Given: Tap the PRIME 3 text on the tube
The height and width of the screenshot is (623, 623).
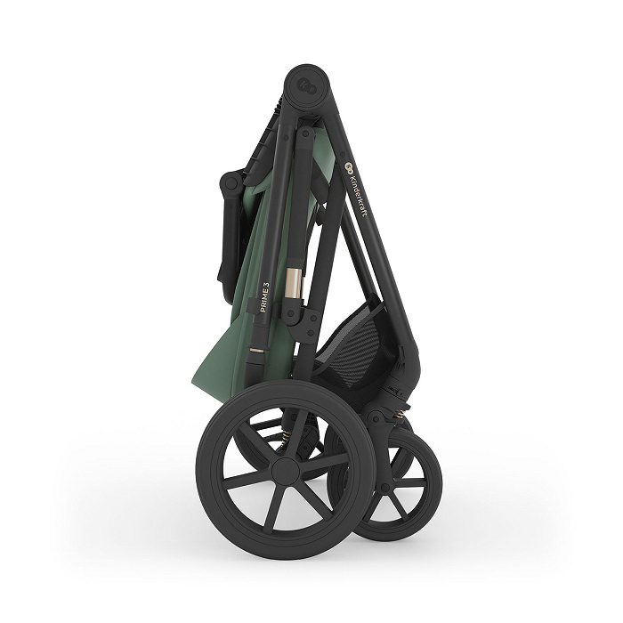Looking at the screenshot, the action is pyautogui.click(x=265, y=297).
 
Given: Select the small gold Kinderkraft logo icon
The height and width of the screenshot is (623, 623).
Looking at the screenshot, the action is pyautogui.click(x=349, y=166).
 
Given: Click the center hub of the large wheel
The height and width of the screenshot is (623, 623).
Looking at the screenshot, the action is pyautogui.click(x=286, y=471).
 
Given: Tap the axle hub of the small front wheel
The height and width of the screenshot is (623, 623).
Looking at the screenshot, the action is pyautogui.click(x=384, y=487).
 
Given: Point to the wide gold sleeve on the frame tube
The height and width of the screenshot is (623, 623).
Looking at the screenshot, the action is pyautogui.click(x=294, y=282).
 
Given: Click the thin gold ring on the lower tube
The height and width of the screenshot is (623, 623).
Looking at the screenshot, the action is pyautogui.click(x=255, y=351).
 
